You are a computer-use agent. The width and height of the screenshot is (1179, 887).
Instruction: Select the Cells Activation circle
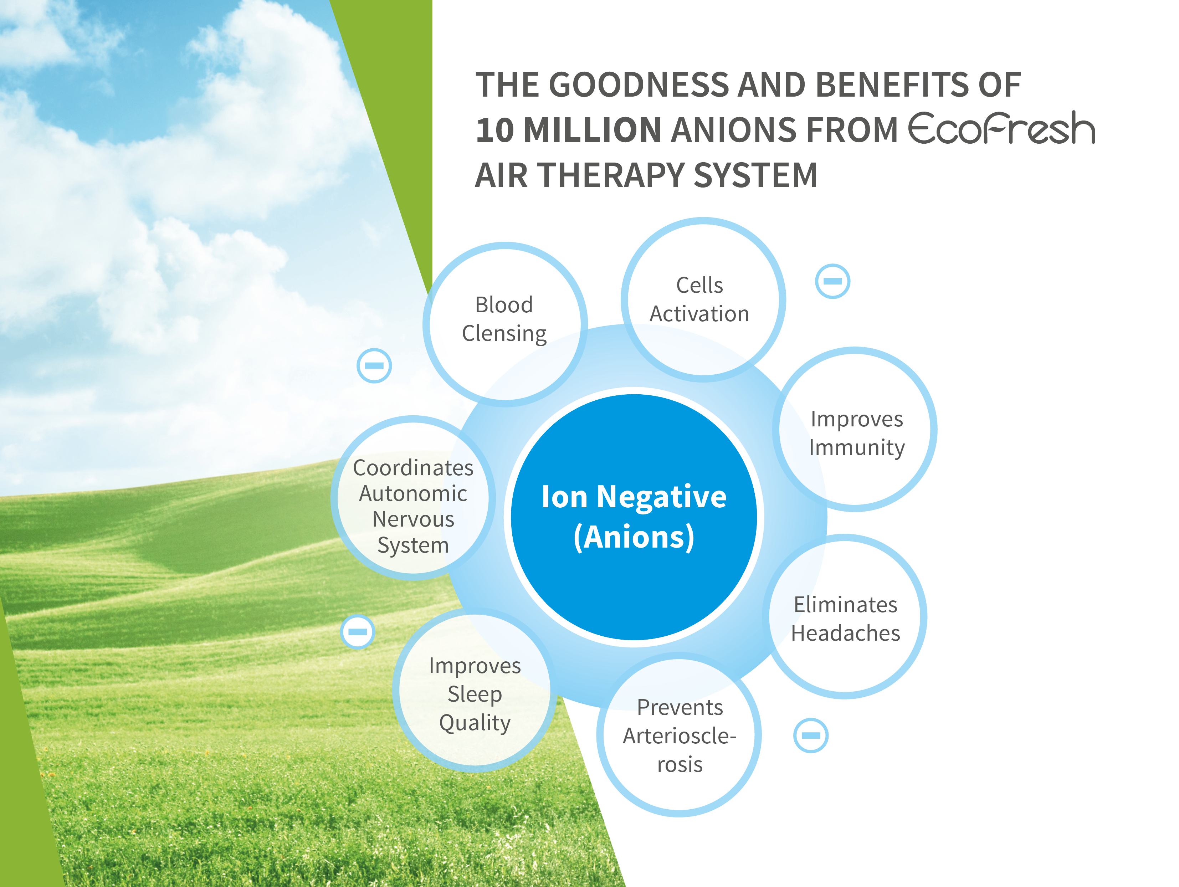[703, 299]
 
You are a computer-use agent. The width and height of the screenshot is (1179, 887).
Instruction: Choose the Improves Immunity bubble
[855, 429]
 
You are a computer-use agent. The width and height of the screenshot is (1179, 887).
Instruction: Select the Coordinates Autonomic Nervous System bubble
[413, 498]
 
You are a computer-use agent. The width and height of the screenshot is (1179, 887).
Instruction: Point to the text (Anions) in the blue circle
[634, 537]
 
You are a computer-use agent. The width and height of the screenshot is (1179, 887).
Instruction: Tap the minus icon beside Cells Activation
[832, 281]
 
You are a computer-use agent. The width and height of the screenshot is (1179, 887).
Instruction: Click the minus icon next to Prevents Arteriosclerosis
[811, 735]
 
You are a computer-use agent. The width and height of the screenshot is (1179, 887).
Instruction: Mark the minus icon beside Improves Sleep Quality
[358, 632]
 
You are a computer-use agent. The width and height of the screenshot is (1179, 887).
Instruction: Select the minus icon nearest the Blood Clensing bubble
[374, 366]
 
